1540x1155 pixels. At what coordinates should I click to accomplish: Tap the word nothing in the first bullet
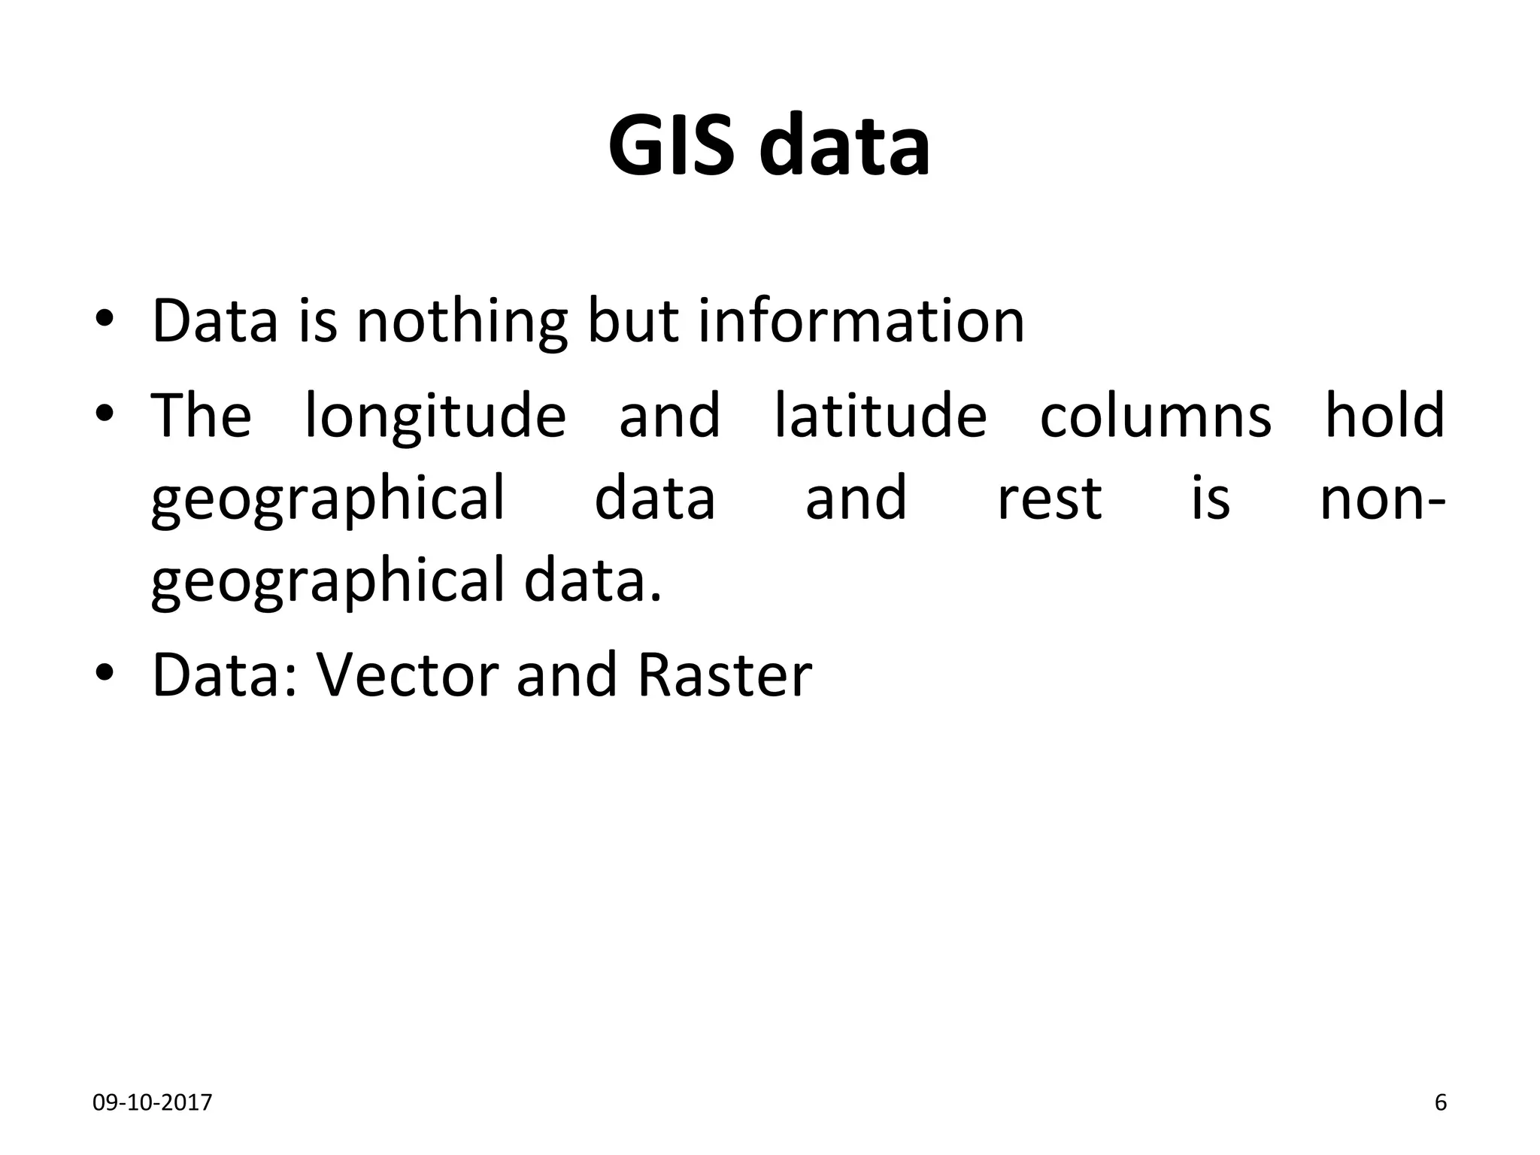[461, 322]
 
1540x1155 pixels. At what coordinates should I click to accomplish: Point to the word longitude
[435, 417]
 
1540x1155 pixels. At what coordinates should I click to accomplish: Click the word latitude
[880, 415]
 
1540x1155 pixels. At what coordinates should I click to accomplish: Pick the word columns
[1155, 415]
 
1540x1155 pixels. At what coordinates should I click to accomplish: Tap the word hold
[1384, 415]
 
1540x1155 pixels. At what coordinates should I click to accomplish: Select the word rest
[1049, 499]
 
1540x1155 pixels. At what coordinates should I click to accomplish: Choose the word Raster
[724, 675]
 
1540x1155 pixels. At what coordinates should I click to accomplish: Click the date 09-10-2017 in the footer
[152, 1103]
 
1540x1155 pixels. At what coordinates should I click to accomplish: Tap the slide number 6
[1441, 1103]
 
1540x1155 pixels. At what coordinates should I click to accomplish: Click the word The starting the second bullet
[201, 415]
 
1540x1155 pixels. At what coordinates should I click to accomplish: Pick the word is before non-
[1210, 499]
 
